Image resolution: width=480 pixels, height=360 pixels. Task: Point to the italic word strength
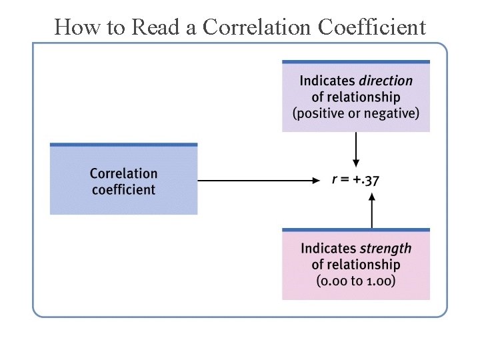pyautogui.click(x=386, y=249)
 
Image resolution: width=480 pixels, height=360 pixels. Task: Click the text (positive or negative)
pyautogui.click(x=356, y=113)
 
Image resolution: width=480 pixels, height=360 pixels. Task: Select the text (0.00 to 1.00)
pyautogui.click(x=356, y=280)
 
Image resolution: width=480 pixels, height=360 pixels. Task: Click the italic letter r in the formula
pyautogui.click(x=335, y=179)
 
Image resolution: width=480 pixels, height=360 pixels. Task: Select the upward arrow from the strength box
pyautogui.click(x=372, y=209)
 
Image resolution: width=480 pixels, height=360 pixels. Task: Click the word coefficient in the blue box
pyautogui.click(x=123, y=190)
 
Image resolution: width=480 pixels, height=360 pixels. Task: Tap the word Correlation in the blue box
pyautogui.click(x=124, y=173)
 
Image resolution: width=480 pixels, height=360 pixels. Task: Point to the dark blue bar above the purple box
pyautogui.click(x=356, y=62)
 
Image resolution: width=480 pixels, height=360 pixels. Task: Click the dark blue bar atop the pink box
pyautogui.click(x=356, y=230)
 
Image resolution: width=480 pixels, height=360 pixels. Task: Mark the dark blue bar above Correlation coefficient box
pyautogui.click(x=124, y=144)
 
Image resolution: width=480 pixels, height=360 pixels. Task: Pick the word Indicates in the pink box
pyautogui.click(x=329, y=249)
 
